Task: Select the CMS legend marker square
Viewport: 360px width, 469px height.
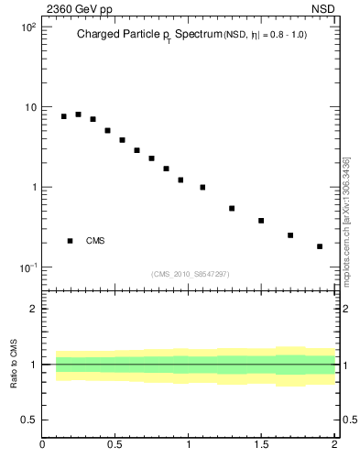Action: [70, 241]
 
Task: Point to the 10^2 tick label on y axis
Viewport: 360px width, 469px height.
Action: [28, 27]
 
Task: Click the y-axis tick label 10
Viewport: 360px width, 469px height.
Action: [30, 107]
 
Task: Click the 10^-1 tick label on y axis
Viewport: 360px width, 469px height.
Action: [27, 267]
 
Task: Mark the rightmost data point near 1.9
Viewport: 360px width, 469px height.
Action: [320, 246]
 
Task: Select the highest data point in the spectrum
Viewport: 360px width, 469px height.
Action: [78, 115]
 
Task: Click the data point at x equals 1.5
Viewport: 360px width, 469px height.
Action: [261, 221]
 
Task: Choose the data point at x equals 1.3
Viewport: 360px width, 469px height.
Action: [232, 209]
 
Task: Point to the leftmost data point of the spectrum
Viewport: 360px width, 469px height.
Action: [64, 116]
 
